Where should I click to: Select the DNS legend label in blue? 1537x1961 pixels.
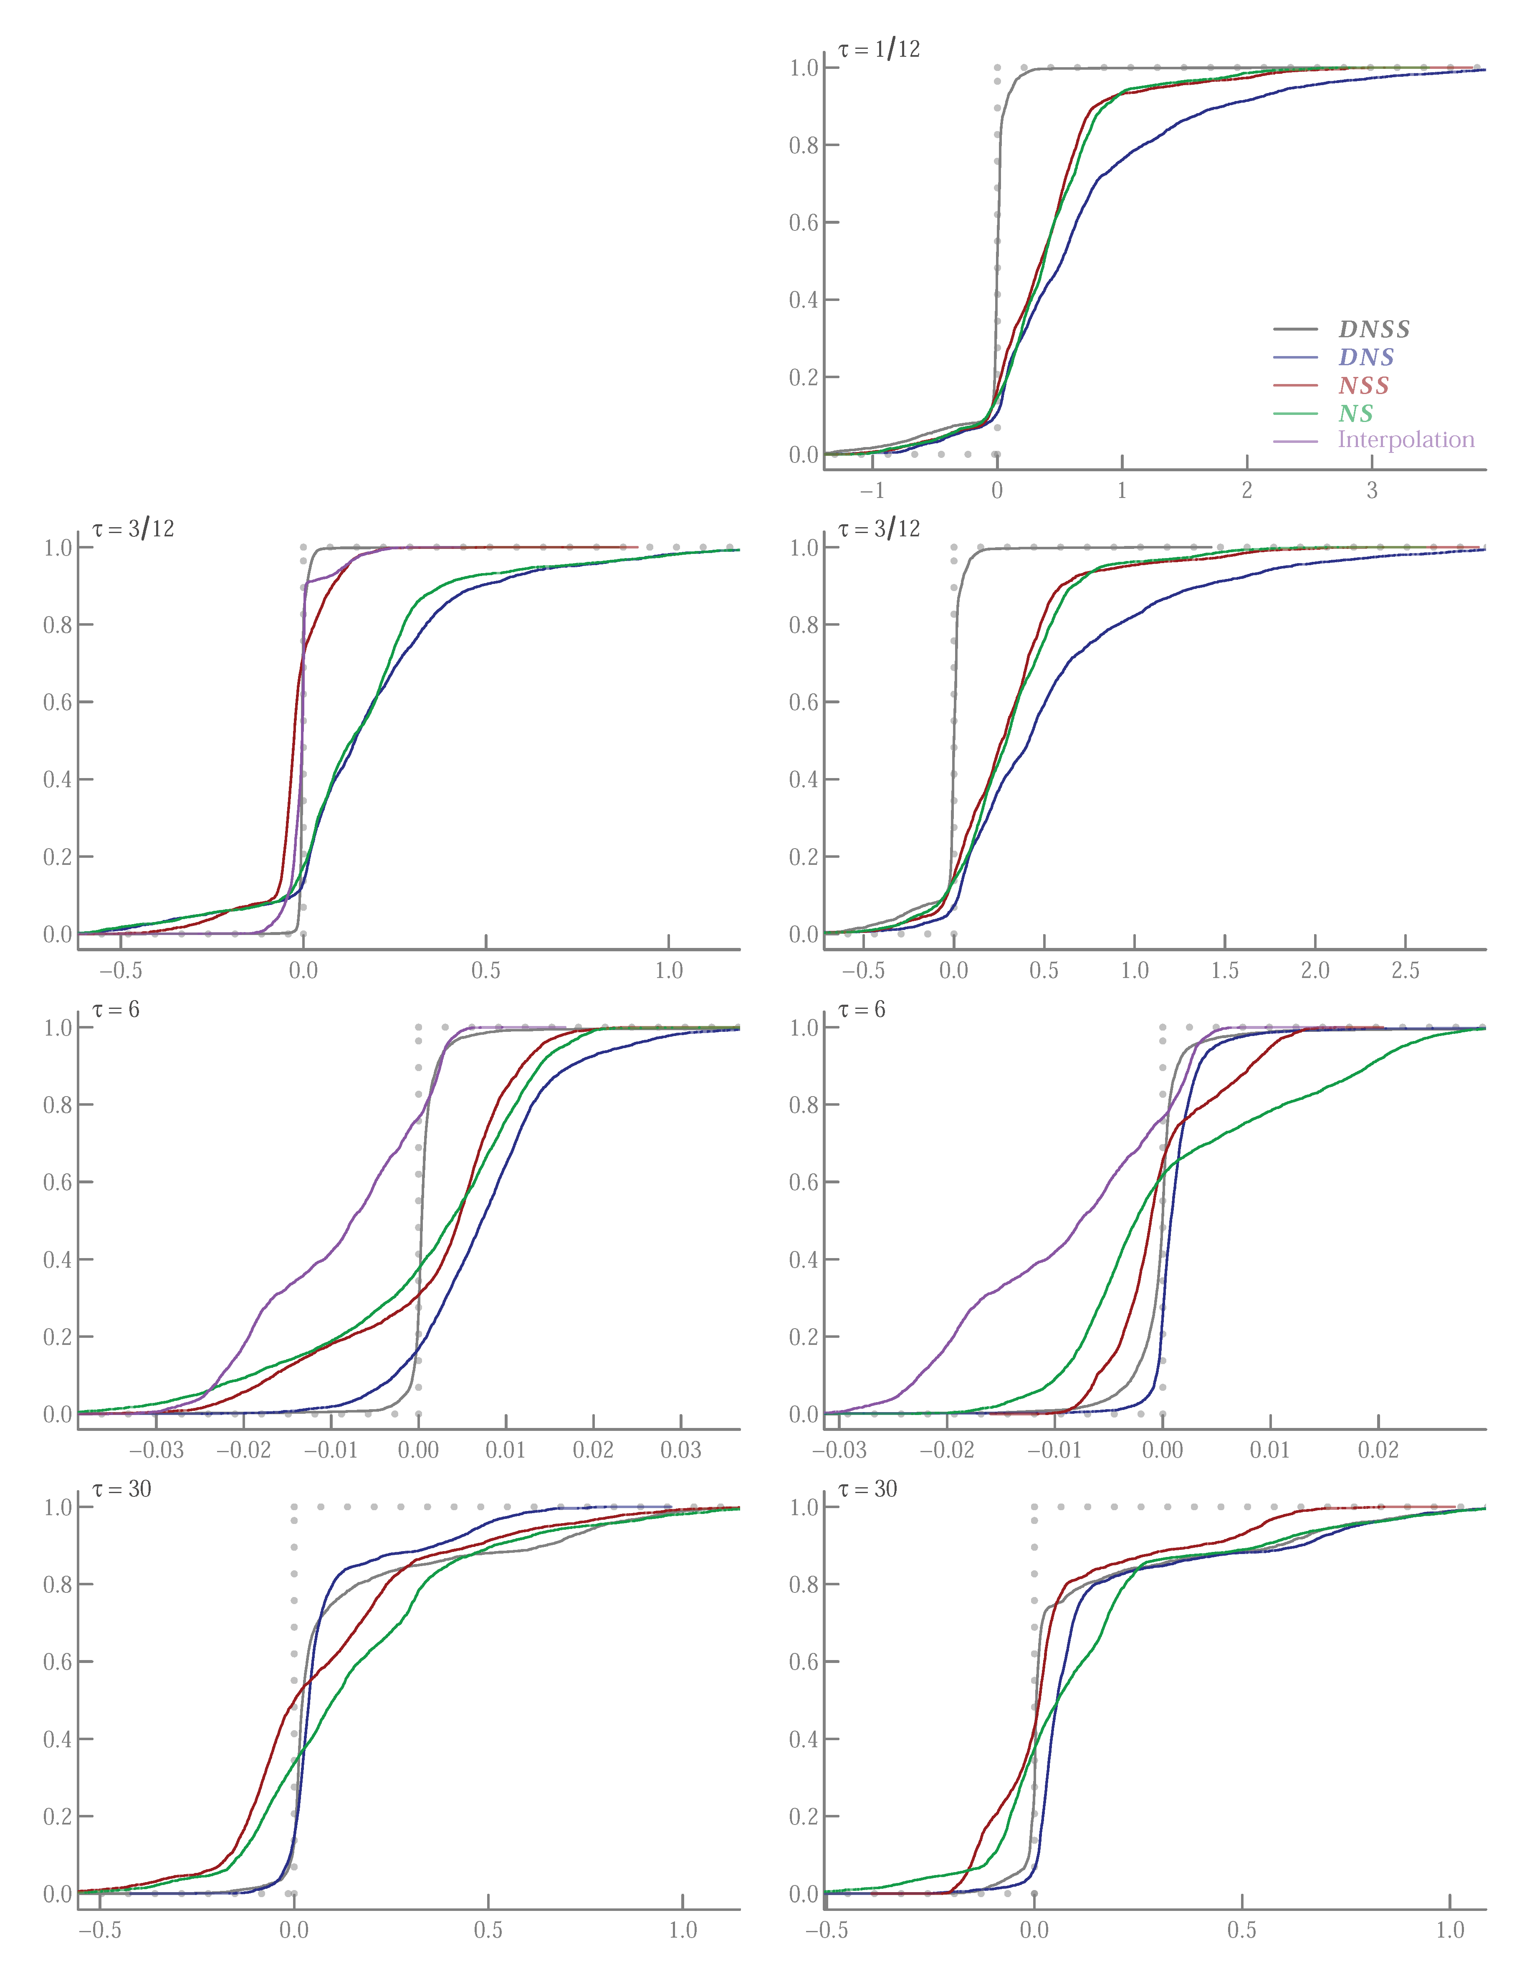click(1366, 357)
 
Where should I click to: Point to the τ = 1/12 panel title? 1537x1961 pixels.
click(879, 50)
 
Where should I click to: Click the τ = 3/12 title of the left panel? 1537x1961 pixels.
click(133, 529)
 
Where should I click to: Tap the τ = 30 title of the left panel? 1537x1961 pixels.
click(121, 1489)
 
